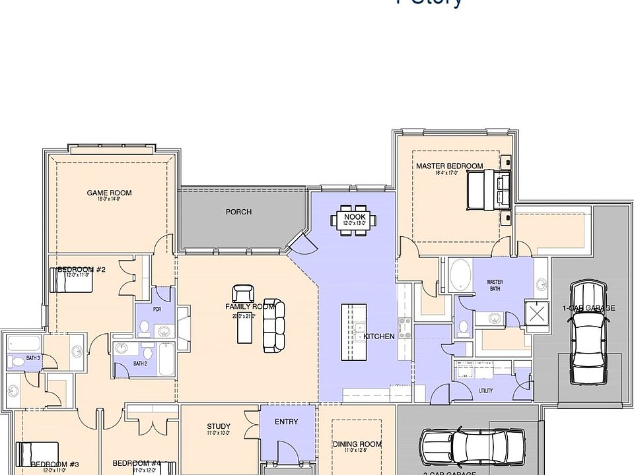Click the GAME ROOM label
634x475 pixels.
click(x=109, y=193)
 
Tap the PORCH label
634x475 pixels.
click(x=238, y=212)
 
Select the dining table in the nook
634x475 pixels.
click(x=355, y=219)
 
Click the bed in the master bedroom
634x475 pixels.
click(x=488, y=189)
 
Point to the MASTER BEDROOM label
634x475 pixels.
click(x=449, y=166)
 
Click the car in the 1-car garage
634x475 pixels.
click(x=588, y=331)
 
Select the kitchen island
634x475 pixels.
click(x=353, y=332)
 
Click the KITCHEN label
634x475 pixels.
click(x=379, y=336)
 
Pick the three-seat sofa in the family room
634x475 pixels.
click(x=274, y=326)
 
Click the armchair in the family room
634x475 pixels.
click(x=242, y=294)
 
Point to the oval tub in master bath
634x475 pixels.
click(x=460, y=274)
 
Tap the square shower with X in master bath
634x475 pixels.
click(x=537, y=313)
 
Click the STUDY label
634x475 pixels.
click(x=219, y=426)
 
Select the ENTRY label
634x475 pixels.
click(x=286, y=422)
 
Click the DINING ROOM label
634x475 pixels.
click(x=357, y=444)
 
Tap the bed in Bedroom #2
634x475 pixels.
click(x=71, y=282)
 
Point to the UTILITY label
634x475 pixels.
click(x=485, y=391)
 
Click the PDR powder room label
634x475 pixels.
click(x=157, y=309)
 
